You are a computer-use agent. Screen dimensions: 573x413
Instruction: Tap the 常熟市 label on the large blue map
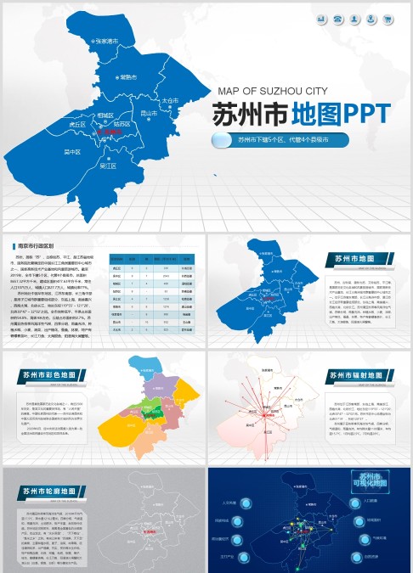[128, 77]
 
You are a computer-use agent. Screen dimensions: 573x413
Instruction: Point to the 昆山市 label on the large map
[150, 112]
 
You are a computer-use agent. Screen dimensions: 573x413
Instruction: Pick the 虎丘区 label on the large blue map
[77, 124]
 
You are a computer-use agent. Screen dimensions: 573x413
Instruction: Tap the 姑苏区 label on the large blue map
[121, 124]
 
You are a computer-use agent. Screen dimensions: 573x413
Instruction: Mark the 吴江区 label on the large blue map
[108, 166]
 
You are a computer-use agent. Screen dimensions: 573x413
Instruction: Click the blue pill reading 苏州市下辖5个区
[293, 139]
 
